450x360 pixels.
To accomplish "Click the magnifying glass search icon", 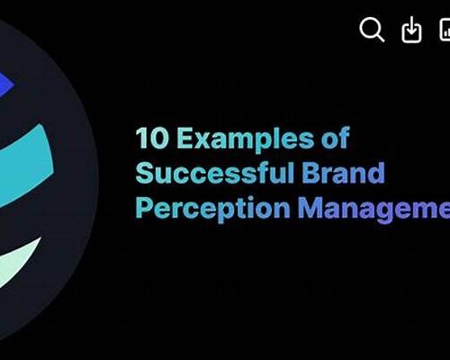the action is (372, 29).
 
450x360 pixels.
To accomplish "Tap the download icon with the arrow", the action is (411, 30).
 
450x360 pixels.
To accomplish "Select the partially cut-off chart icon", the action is (445, 30).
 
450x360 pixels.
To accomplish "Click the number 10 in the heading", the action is (152, 138).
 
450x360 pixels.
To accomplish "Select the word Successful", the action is (215, 173).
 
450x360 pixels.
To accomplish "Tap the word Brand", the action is (343, 173).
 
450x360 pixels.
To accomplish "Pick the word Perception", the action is (213, 209).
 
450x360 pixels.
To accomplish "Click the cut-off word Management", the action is (374, 209).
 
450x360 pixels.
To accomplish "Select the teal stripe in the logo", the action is (25, 164).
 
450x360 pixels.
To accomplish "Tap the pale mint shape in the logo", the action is (18, 261).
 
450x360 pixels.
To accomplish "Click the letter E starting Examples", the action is (184, 138).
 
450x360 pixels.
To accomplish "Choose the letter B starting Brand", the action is (310, 173).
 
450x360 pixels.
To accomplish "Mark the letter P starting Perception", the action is (144, 207).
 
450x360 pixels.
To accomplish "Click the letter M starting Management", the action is (310, 207).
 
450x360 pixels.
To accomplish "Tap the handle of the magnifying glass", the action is (381, 38).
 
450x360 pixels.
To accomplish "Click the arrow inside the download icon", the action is (411, 25).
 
